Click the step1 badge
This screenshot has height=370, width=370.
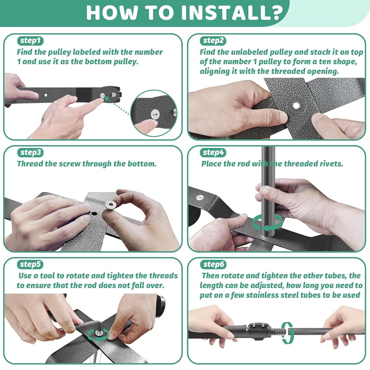[30, 41]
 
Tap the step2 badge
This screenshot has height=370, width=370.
[213, 41]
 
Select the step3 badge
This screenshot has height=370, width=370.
[30, 152]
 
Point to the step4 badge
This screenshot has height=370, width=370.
[213, 152]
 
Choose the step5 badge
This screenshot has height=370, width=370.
[30, 264]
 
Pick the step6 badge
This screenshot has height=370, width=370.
[213, 264]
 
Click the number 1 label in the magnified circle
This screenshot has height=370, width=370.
[155, 114]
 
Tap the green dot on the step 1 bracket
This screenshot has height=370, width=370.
[107, 99]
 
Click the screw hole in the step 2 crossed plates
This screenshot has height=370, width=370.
[296, 105]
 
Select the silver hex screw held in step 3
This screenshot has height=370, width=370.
[110, 205]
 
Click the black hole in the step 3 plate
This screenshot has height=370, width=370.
[94, 214]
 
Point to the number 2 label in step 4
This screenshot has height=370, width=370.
[200, 197]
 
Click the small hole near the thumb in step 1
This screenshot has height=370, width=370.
[46, 95]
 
